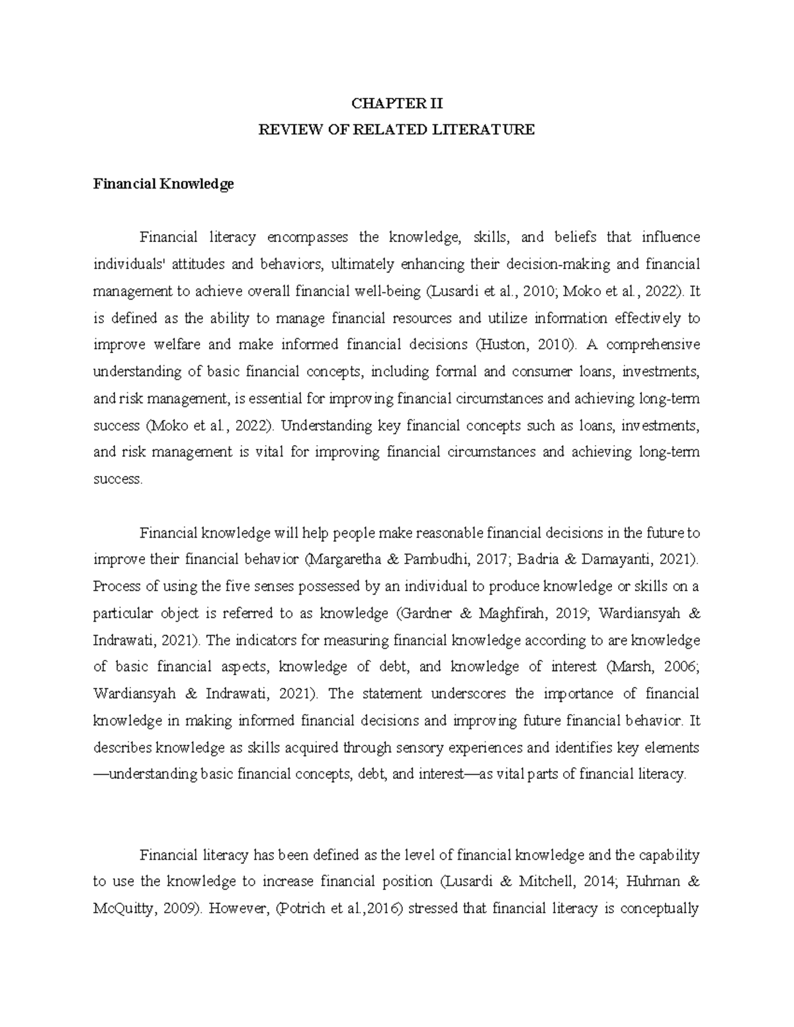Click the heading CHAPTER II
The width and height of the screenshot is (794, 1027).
click(x=396, y=103)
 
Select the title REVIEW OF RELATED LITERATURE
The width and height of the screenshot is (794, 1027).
click(x=396, y=130)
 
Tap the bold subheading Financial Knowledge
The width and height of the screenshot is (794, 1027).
click(x=163, y=185)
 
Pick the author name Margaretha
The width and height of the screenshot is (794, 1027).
click(x=343, y=559)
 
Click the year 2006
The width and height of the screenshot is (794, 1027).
click(x=681, y=667)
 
